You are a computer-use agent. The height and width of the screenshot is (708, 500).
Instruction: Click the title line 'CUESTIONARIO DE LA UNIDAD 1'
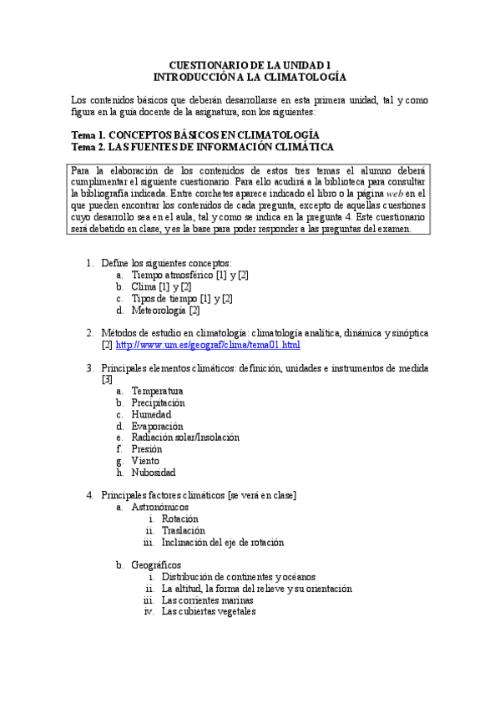[250, 64]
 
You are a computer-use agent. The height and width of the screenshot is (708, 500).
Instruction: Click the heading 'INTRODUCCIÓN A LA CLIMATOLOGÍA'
[250, 76]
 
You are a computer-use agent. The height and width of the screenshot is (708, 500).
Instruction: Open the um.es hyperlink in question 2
[208, 344]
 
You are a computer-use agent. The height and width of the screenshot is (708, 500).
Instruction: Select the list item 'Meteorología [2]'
[166, 311]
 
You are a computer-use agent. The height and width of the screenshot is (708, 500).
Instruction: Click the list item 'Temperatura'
[158, 391]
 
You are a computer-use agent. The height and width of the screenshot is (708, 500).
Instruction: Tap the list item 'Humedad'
[152, 414]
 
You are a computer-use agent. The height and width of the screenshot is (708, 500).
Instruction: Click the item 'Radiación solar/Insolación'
[185, 437]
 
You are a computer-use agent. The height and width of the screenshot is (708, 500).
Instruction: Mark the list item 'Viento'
[146, 460]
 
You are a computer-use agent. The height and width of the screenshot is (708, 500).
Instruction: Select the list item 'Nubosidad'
[154, 472]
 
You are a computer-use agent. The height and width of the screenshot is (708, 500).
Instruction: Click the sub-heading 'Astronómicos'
[160, 507]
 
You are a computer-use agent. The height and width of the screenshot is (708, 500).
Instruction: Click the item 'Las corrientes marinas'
[208, 599]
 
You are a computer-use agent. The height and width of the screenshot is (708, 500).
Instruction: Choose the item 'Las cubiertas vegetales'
[209, 611]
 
